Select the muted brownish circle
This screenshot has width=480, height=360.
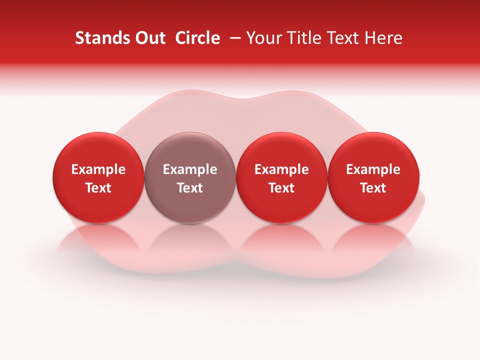tap(190, 178)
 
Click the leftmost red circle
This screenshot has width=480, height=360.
tap(98, 178)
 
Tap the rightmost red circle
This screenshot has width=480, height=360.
tap(373, 178)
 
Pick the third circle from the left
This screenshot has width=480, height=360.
tap(281, 178)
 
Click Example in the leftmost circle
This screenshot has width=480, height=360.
tap(98, 169)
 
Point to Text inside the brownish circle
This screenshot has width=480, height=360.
tap(190, 188)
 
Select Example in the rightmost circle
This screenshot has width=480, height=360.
tap(373, 169)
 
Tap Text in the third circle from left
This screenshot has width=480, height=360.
tap(281, 188)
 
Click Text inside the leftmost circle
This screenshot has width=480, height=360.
tap(98, 188)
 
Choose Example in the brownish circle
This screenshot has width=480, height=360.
tap(190, 169)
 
